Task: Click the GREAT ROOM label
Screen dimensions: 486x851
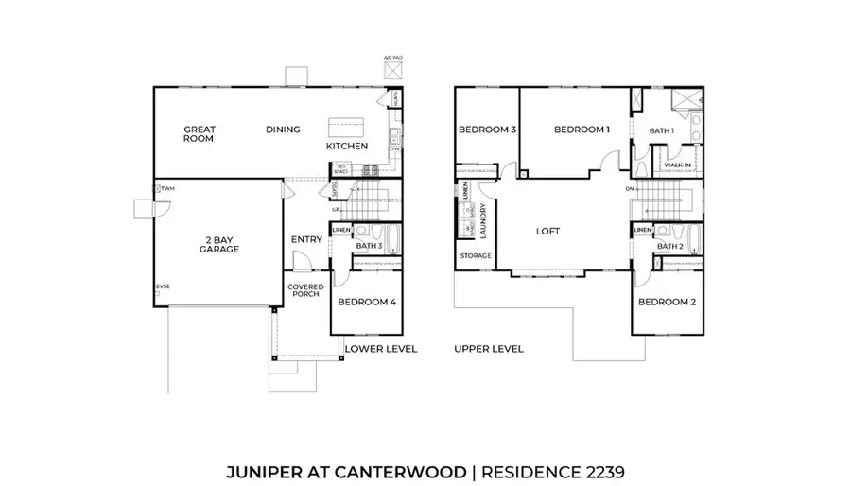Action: [x=199, y=133]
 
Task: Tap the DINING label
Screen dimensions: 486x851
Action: [x=283, y=130]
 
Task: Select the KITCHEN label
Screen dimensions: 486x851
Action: [x=346, y=148]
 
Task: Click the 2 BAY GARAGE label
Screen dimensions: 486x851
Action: [x=218, y=244]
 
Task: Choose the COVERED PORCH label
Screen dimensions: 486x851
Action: [x=305, y=291]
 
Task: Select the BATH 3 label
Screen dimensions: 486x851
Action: [x=369, y=247]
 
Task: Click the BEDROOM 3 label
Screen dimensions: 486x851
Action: [x=486, y=130]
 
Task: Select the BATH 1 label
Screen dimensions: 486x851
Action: [x=662, y=130]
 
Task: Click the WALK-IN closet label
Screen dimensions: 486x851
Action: [x=678, y=165]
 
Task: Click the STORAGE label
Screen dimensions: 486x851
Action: [x=475, y=256]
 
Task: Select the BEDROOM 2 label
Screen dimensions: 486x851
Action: [x=667, y=303]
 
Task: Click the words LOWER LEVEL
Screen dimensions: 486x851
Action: [x=381, y=349]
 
